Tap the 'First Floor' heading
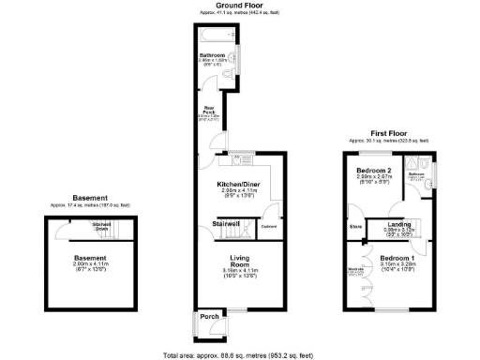click(385, 135)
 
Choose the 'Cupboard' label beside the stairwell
click(267, 227)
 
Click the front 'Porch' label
click(208, 317)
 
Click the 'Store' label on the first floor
click(355, 227)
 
